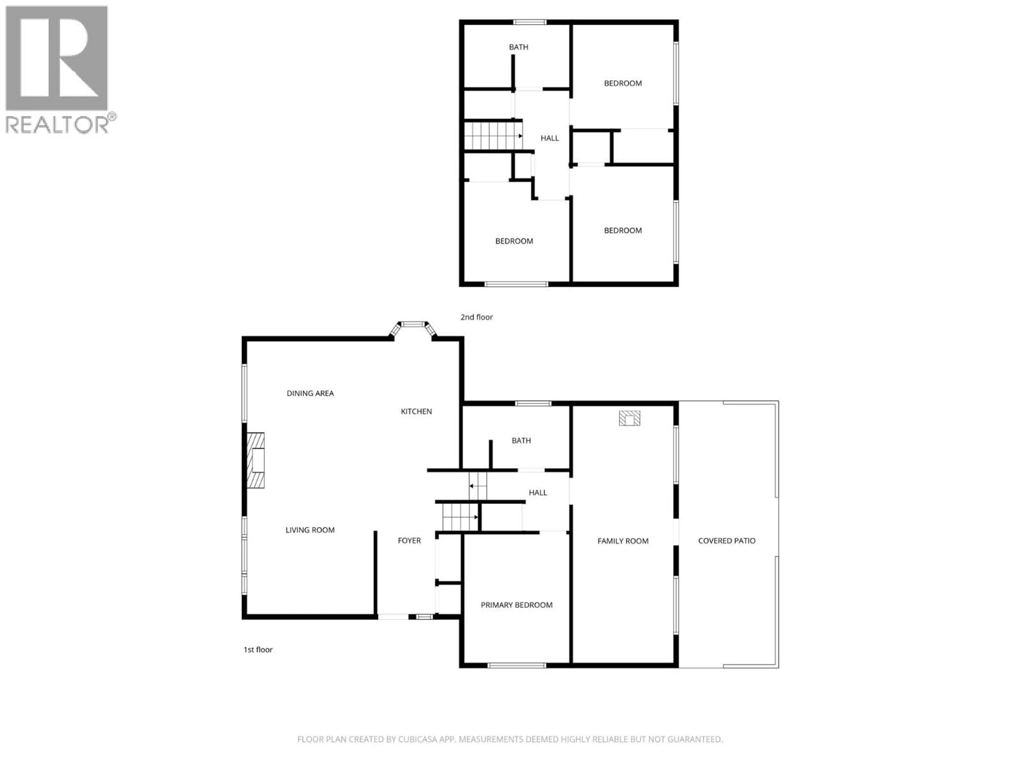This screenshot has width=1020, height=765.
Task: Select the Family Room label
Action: pyautogui.click(x=623, y=541)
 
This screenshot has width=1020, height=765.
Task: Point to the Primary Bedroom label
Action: pyautogui.click(x=516, y=605)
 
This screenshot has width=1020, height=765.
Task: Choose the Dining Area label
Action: pyautogui.click(x=310, y=393)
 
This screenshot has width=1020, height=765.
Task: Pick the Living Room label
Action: pyautogui.click(x=310, y=530)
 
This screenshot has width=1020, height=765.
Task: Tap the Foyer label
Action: pyautogui.click(x=409, y=541)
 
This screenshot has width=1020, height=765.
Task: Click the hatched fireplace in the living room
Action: pyautogui.click(x=256, y=460)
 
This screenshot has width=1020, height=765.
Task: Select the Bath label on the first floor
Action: pyautogui.click(x=521, y=441)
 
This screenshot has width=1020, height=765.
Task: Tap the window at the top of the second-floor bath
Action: pyautogui.click(x=530, y=22)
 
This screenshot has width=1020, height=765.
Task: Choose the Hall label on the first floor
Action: pyautogui.click(x=538, y=492)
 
